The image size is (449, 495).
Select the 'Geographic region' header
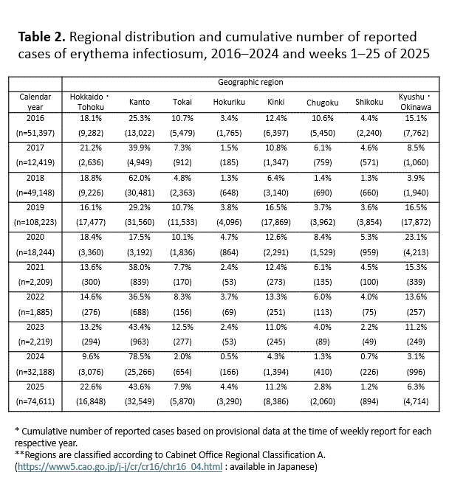click(250, 83)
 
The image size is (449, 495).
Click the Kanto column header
click(140, 103)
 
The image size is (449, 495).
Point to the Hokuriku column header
click(223, 103)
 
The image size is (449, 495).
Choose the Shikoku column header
click(366, 103)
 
